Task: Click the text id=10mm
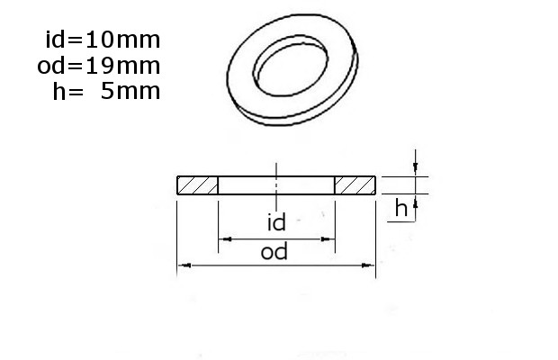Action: (103, 39)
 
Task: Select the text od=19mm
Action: (99, 66)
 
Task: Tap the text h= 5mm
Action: (106, 91)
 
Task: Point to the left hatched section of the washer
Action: (197, 185)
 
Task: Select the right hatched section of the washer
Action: (355, 185)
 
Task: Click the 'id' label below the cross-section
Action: (276, 222)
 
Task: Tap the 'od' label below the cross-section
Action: (274, 252)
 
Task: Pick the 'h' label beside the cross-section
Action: (401, 208)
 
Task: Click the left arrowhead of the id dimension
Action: (225, 239)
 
